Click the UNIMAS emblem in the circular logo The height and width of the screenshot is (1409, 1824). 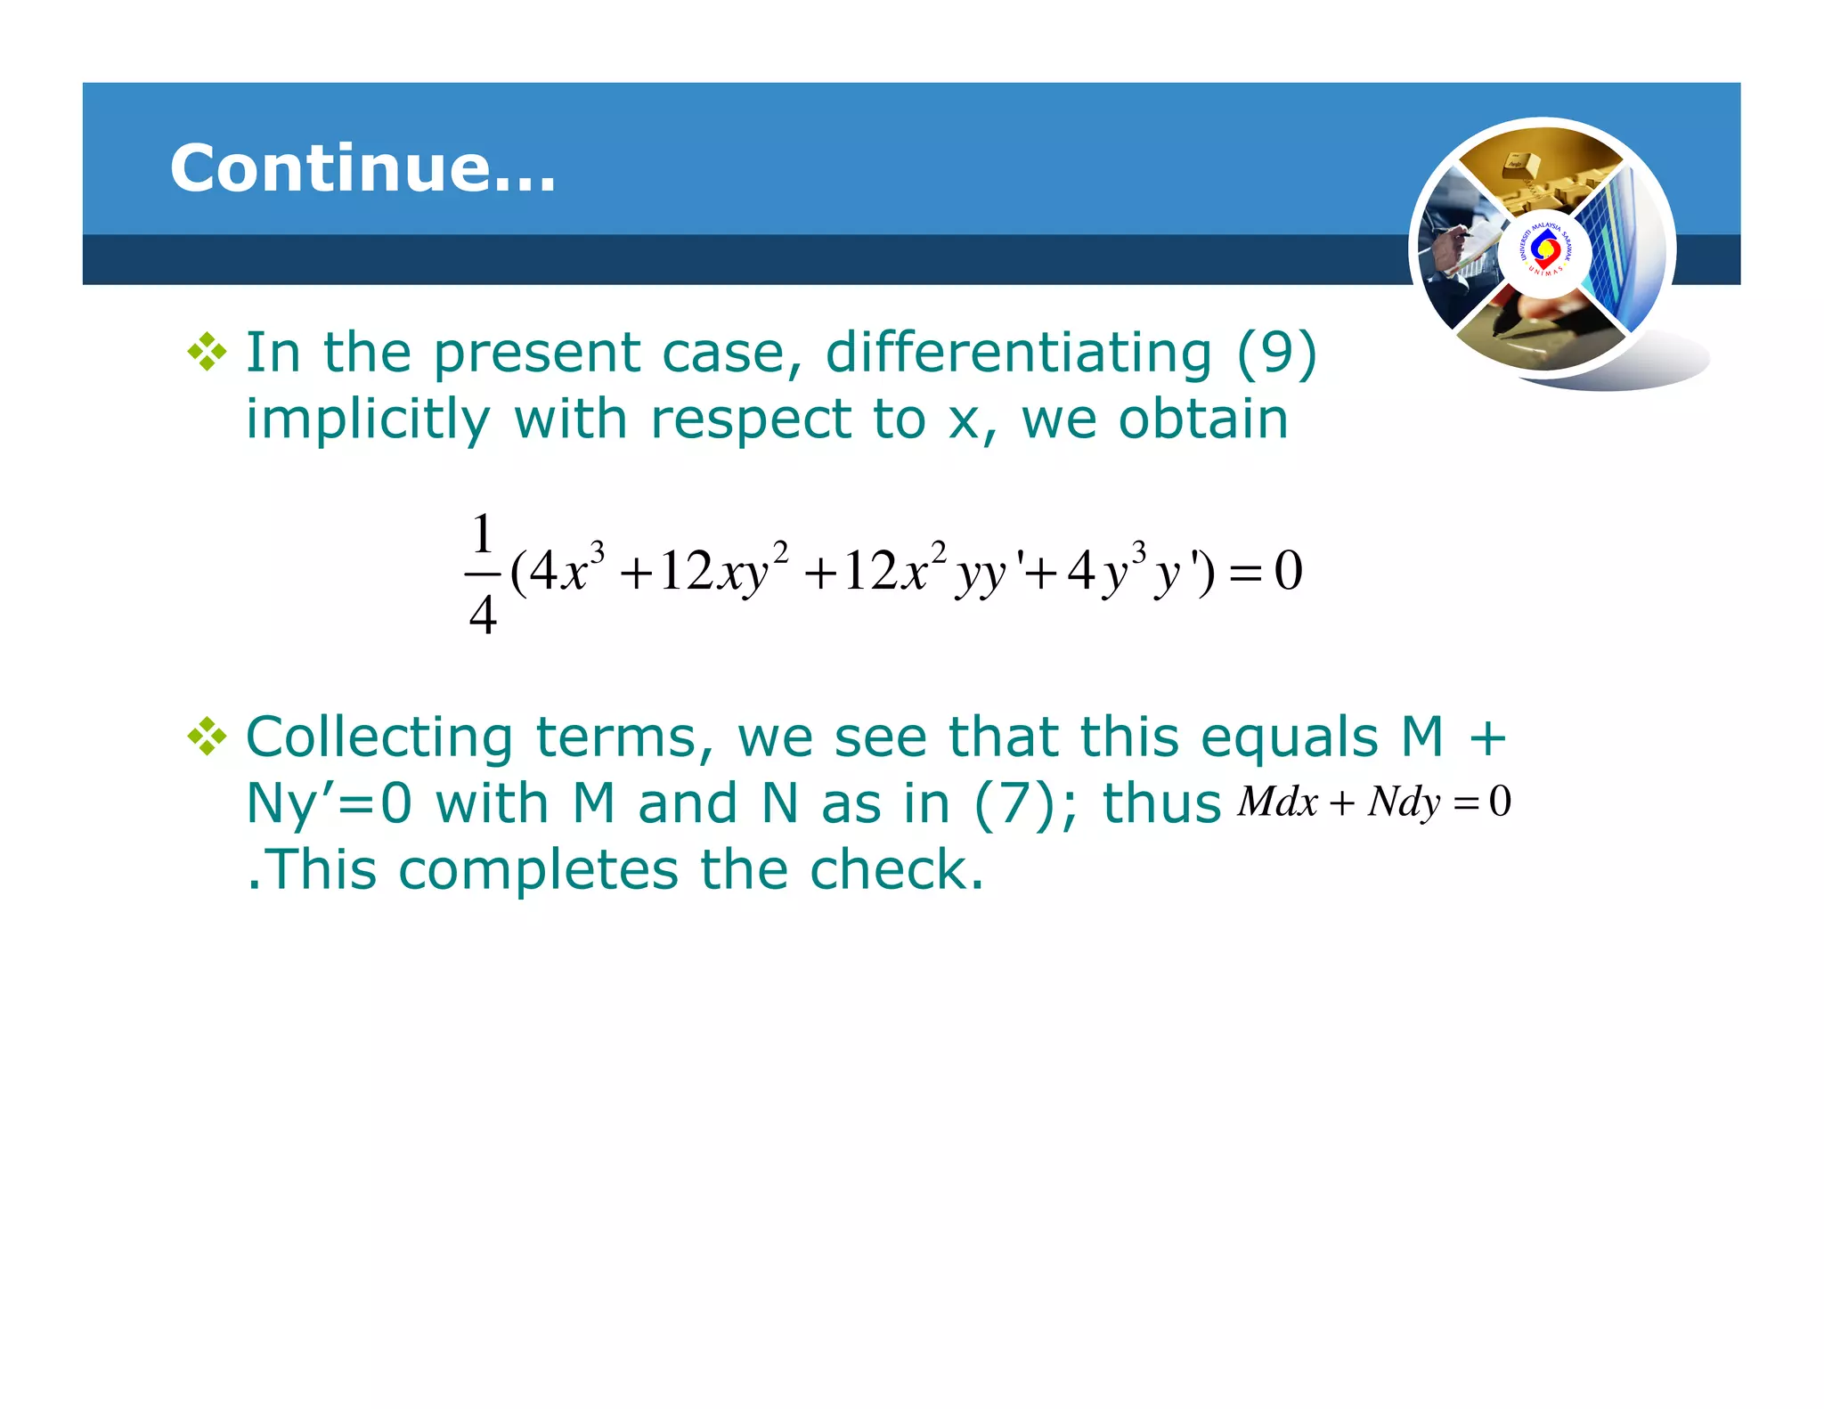point(1544,251)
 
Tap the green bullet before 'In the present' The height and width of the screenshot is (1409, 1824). point(207,352)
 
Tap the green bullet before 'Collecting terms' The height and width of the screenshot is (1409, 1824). point(207,737)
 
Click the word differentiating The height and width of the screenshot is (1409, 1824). point(1018,352)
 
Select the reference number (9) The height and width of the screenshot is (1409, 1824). point(1276,352)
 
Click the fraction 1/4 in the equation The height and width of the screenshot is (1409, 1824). point(482,573)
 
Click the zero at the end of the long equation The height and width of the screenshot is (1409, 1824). point(1288,570)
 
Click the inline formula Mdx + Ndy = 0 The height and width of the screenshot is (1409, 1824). point(1373,802)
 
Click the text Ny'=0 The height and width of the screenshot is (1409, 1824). point(328,803)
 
